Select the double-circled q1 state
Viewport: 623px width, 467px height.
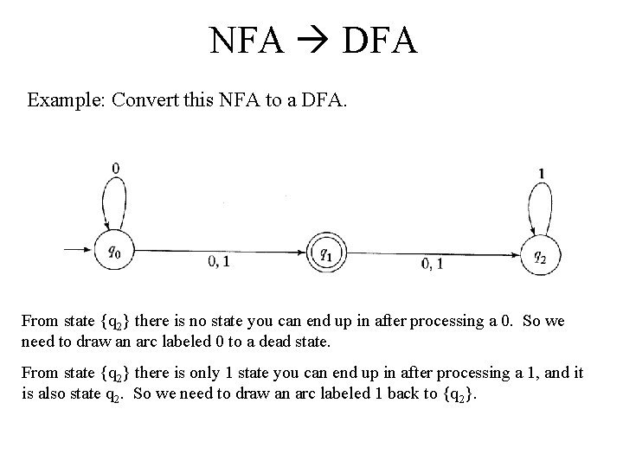[x=325, y=253]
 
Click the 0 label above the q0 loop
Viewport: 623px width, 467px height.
[x=116, y=167]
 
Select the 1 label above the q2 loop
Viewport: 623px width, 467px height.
[x=542, y=173]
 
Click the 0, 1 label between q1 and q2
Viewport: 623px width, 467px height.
[x=432, y=263]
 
